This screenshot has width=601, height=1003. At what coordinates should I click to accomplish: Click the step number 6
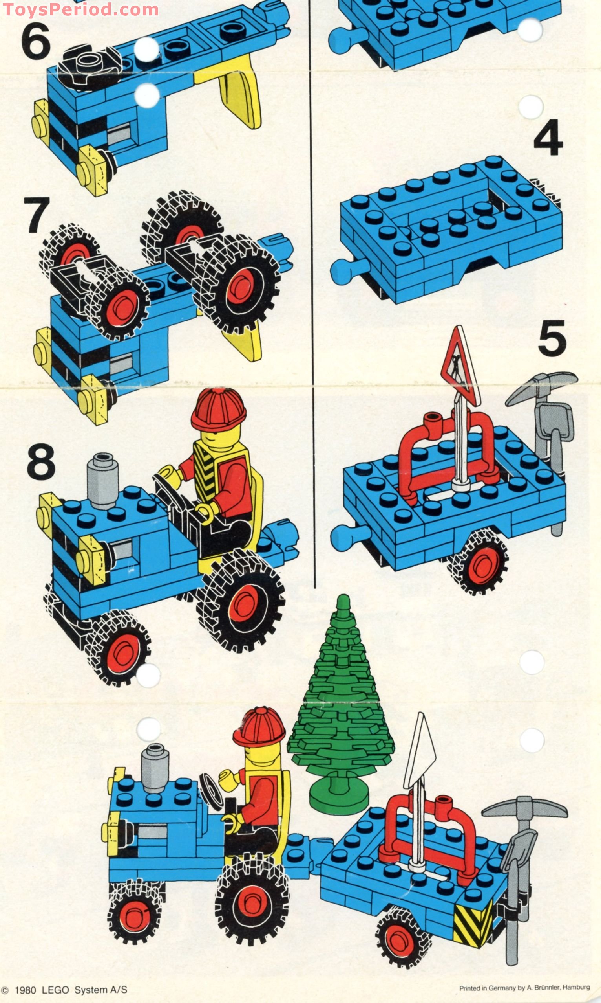[x=36, y=41]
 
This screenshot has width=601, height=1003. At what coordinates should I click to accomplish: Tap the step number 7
[x=37, y=215]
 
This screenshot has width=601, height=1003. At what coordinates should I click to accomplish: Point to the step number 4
[x=548, y=138]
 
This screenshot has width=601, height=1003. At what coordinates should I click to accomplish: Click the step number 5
[x=552, y=338]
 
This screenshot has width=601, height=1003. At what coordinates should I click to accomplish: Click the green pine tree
[x=340, y=705]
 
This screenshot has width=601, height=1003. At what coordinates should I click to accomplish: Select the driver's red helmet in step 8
[x=218, y=410]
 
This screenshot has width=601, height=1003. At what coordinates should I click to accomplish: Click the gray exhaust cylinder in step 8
[x=102, y=481]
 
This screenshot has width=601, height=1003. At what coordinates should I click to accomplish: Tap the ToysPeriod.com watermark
[x=80, y=9]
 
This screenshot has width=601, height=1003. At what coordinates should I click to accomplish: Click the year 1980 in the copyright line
[x=25, y=990]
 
